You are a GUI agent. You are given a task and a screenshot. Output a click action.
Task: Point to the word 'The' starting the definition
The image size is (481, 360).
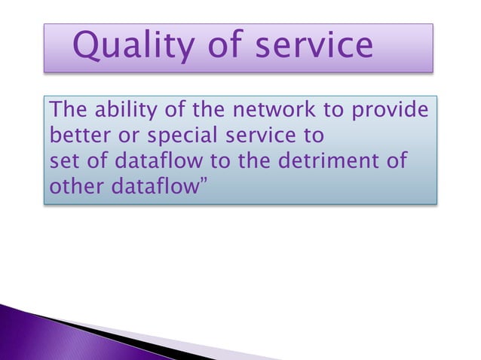tap(66, 112)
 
